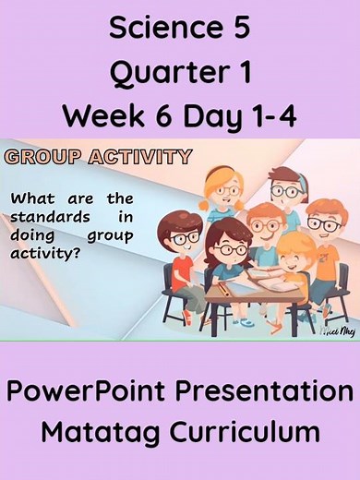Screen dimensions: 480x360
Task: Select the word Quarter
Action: click(x=166, y=73)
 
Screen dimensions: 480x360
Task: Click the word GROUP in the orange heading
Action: click(x=43, y=156)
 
